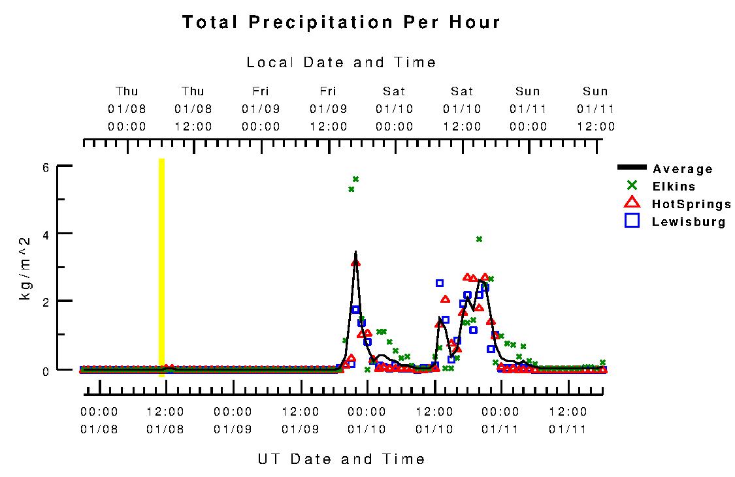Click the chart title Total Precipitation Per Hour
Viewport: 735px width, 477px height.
click(x=341, y=22)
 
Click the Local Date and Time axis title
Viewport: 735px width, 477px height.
click(x=341, y=63)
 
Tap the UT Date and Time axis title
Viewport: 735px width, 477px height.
click(x=341, y=459)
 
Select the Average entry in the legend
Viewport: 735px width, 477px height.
click(x=682, y=169)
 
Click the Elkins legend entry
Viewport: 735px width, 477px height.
click(x=674, y=187)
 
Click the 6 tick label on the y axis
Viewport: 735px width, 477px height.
click(x=46, y=167)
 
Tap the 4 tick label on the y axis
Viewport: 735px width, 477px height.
click(x=46, y=234)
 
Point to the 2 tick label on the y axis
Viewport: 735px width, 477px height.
click(x=46, y=301)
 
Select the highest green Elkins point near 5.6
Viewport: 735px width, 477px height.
click(x=356, y=179)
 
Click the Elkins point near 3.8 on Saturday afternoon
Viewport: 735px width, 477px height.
click(x=479, y=239)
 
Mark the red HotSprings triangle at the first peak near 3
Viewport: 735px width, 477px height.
click(x=355, y=262)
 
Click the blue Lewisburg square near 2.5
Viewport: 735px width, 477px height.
click(x=440, y=283)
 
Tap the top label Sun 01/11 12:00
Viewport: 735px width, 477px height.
click(x=595, y=109)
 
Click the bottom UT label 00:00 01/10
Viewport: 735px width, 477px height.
click(x=367, y=421)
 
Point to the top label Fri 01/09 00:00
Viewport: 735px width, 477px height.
click(x=261, y=109)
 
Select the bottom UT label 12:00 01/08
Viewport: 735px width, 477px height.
click(x=165, y=421)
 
